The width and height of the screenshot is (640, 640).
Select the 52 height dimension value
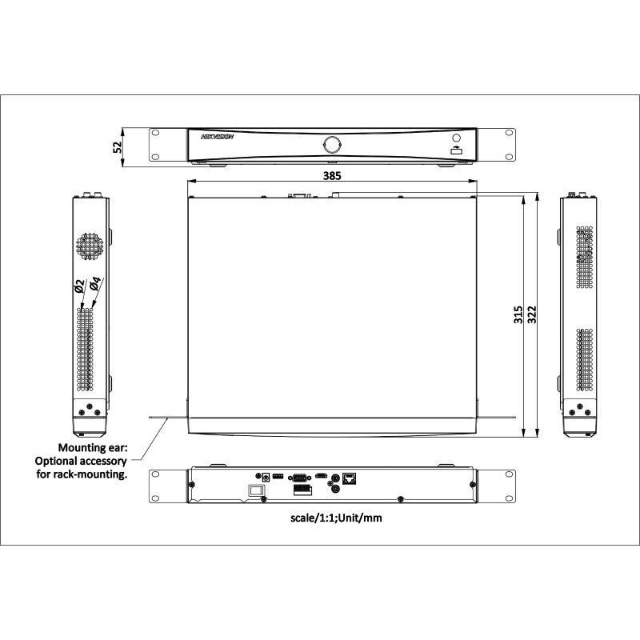point(118,146)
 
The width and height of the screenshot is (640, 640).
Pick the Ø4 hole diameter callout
point(94,285)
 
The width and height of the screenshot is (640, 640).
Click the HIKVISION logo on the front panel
point(217,138)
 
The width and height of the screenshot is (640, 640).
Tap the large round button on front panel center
point(331,144)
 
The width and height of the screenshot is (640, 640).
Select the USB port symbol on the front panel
point(456,147)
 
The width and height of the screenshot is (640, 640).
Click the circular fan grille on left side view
point(90,246)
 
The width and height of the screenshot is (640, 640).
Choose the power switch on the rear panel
point(256,490)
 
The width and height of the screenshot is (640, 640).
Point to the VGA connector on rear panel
point(300,478)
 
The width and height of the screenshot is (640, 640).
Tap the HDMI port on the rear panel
point(320,477)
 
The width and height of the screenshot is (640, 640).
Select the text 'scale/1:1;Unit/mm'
point(337,518)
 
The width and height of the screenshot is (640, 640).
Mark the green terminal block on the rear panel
point(278,476)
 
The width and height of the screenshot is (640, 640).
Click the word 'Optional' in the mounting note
point(57,461)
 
